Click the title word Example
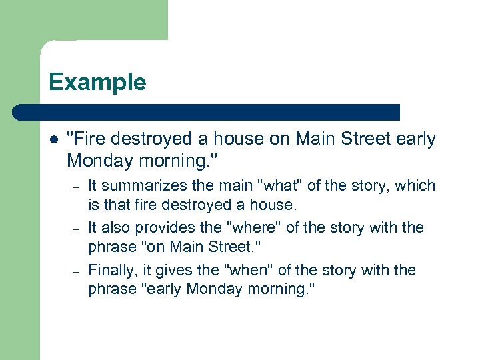click(x=97, y=83)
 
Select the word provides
click(x=163, y=227)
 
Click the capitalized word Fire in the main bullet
click(x=90, y=139)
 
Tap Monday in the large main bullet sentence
click(x=97, y=161)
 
